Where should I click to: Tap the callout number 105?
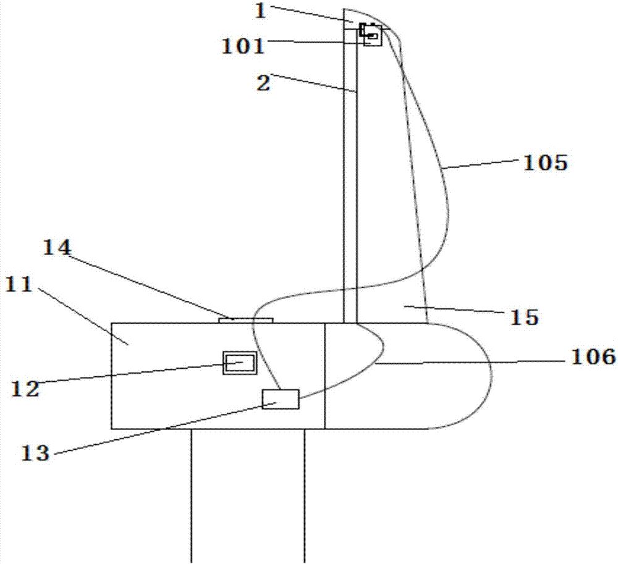point(545,162)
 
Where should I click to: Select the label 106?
point(593,356)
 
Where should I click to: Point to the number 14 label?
point(57,248)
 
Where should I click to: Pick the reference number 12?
point(24,389)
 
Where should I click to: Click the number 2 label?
point(263,83)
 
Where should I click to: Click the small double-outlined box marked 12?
point(240,363)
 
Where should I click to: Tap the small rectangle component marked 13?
point(281,399)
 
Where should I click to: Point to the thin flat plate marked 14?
point(246,320)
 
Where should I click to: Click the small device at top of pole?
point(371,35)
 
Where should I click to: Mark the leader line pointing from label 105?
point(482,164)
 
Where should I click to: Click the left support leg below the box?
point(191,494)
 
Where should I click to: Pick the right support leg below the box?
point(304,494)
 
